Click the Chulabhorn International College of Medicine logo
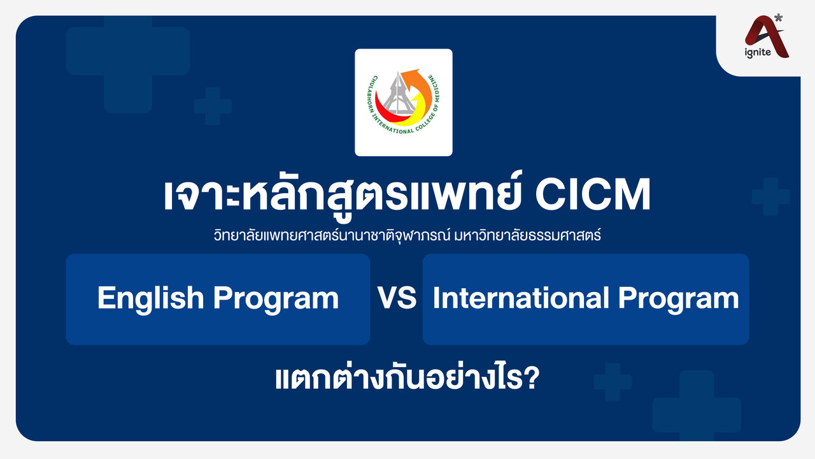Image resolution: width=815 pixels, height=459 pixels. point(403,102)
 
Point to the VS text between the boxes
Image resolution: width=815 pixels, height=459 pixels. point(397,298)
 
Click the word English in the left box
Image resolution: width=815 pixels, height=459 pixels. point(150,298)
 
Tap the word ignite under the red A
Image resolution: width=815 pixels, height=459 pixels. point(758,52)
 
